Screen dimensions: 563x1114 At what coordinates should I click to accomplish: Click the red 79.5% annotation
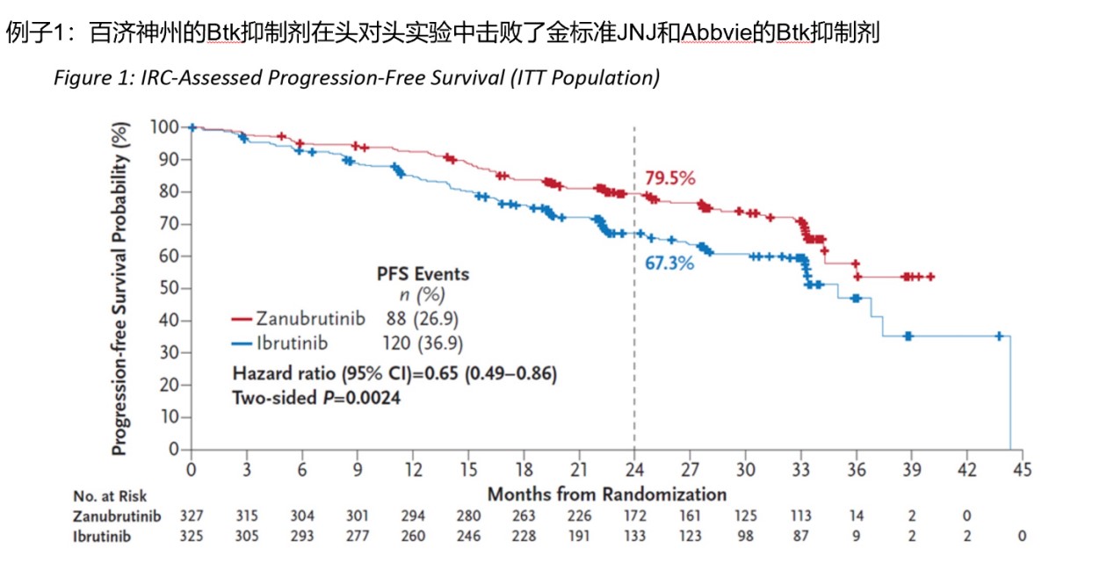tap(669, 178)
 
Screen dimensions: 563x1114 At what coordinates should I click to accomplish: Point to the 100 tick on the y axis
tap(165, 127)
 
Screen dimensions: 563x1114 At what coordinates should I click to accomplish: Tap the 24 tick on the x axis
tap(634, 468)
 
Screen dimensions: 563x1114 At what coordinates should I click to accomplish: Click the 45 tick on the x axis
tap(1022, 468)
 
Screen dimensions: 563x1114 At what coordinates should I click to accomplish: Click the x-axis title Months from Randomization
tap(607, 494)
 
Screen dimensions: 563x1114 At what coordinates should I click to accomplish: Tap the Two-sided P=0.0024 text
tap(317, 397)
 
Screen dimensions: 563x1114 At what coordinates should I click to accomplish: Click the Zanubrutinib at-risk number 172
tap(634, 515)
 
